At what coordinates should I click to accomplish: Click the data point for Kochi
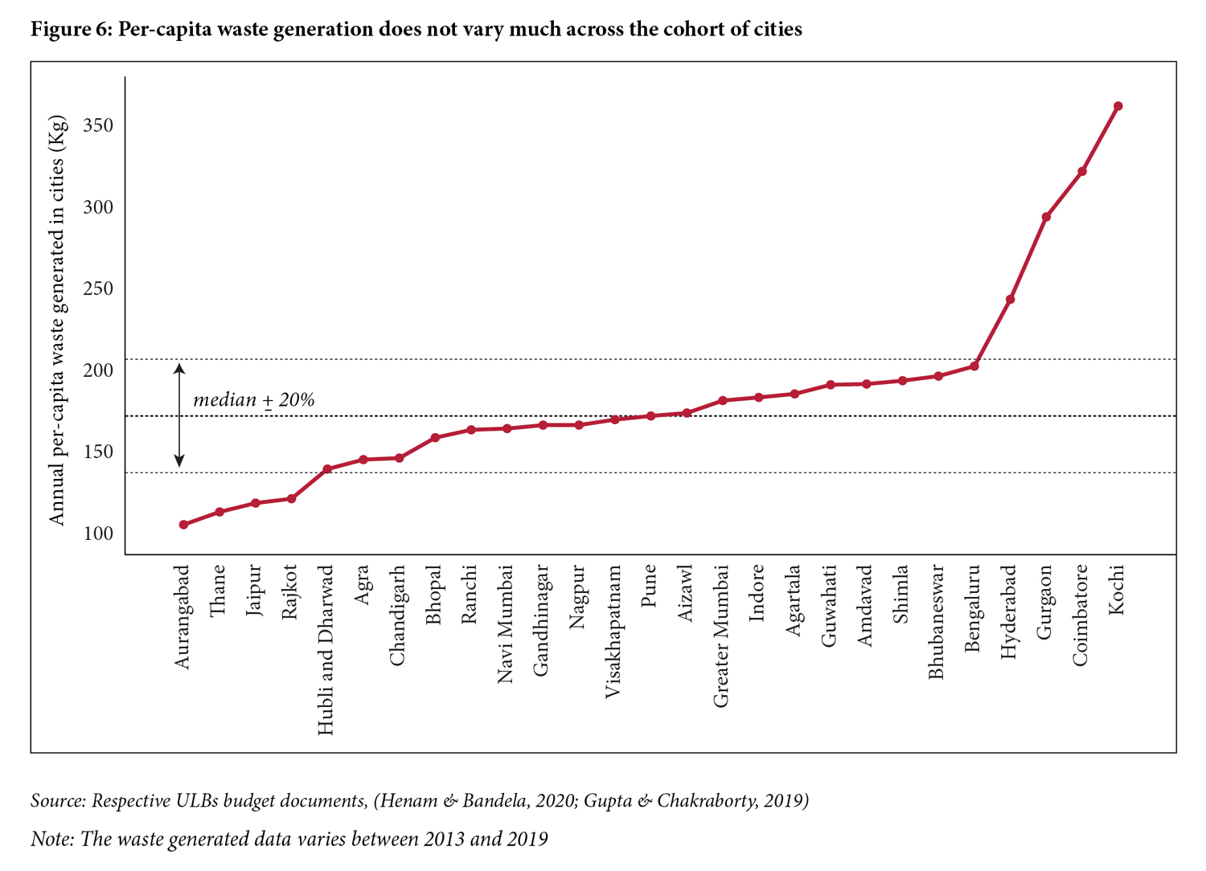pos(1118,106)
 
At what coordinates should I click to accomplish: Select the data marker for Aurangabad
pos(183,525)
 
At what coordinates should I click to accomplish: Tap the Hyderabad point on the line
pos(1010,300)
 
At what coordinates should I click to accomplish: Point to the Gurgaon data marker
pos(1046,217)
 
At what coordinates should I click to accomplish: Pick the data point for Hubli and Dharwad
pos(327,468)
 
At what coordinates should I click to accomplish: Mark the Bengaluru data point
pos(974,366)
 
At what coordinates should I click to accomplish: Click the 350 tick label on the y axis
pos(97,126)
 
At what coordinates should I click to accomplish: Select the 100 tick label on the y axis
pos(97,534)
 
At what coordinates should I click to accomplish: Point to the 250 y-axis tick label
pos(97,289)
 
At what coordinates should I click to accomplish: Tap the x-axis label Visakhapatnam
pos(613,631)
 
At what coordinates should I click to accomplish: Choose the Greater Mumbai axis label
pos(721,636)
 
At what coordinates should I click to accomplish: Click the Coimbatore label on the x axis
pos(1081,615)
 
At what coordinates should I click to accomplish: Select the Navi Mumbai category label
pos(505,624)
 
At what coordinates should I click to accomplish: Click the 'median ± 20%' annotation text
pos(253,400)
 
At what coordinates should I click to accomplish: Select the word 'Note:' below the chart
pos(52,840)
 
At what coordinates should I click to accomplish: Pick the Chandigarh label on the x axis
pos(397,615)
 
